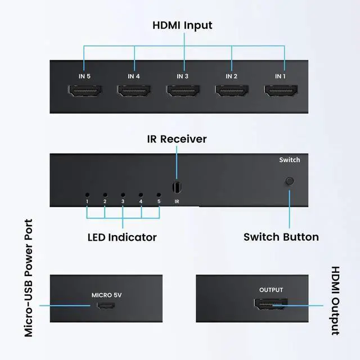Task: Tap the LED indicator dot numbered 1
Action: click(87, 193)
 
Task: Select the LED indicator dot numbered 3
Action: click(123, 193)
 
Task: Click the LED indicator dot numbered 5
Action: click(159, 193)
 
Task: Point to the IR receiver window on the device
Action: click(177, 187)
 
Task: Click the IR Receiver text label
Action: click(177, 139)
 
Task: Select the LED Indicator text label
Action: click(122, 237)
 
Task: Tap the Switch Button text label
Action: click(281, 237)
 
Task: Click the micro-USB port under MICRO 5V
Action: click(106, 306)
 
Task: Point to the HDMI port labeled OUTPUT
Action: click(271, 305)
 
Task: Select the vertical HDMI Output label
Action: click(335, 301)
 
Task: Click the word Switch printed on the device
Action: click(290, 160)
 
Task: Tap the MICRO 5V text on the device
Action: click(106, 294)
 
